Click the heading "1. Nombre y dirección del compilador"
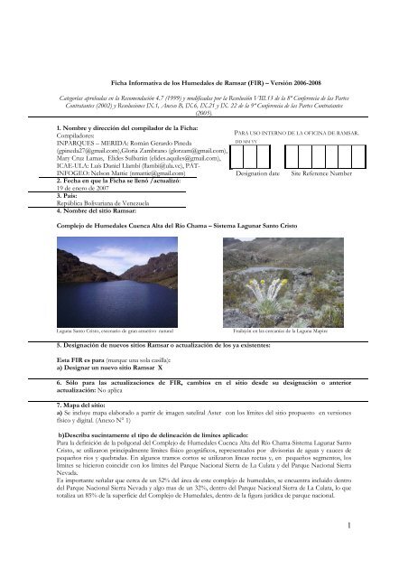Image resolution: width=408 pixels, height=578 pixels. tap(126, 104)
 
